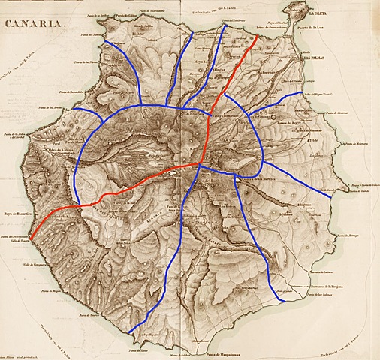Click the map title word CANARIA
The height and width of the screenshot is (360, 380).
(x=34, y=24)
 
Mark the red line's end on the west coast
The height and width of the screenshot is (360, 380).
(x=30, y=241)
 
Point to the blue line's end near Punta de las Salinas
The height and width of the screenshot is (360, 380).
(x=282, y=301)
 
